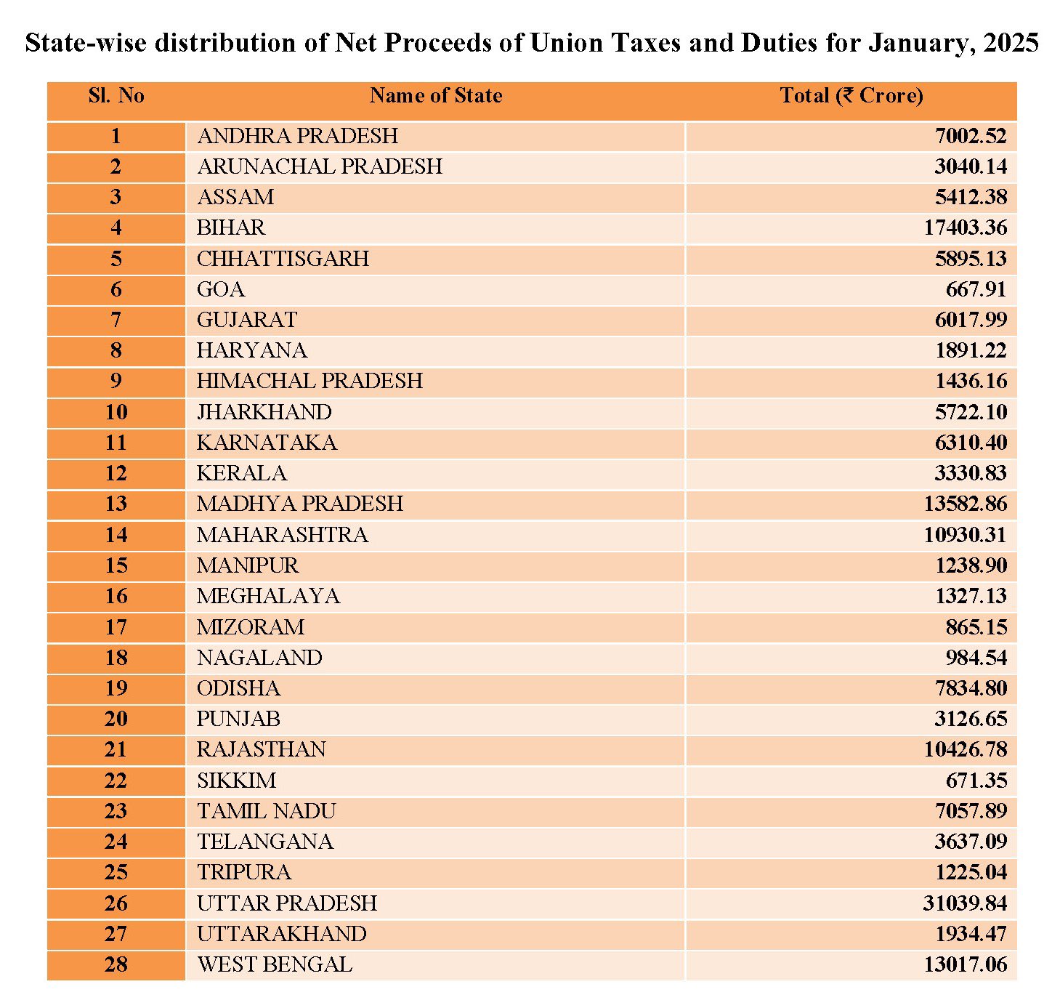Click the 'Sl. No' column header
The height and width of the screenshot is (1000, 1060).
116,96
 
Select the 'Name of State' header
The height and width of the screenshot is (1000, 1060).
436,96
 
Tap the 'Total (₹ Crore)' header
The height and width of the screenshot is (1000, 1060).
851,96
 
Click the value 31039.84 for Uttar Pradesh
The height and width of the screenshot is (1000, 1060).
965,903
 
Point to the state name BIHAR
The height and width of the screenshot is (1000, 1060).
231,228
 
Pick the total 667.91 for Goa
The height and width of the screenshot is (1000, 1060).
976,290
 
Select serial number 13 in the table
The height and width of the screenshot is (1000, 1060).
116,504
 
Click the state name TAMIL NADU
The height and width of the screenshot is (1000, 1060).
266,811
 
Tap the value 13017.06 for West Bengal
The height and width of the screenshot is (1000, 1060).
965,965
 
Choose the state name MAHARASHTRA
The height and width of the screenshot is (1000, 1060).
282,535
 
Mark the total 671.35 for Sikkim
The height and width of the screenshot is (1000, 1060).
976,781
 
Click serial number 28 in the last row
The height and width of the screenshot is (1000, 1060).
116,965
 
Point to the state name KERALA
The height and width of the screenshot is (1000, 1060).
241,473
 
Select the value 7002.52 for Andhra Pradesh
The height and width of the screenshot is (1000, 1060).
971,136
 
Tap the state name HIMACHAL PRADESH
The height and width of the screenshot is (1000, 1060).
309,381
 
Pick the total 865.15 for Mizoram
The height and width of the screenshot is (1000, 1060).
976,627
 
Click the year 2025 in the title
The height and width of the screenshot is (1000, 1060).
1010,44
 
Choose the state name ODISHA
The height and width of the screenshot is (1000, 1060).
238,688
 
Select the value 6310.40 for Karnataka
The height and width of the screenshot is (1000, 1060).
971,443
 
